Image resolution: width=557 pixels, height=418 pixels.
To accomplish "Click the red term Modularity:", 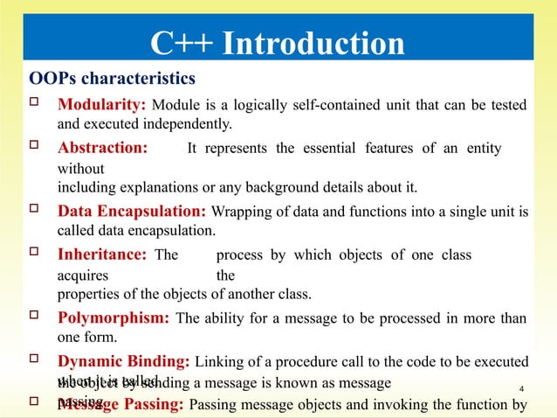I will [x=101, y=106].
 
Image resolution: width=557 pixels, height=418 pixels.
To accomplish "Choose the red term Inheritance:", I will [x=102, y=254].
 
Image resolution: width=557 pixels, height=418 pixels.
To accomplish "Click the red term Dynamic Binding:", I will [x=125, y=361].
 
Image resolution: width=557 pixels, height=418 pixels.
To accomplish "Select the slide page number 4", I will [x=521, y=389].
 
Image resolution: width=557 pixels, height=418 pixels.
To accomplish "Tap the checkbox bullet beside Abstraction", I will [x=36, y=148].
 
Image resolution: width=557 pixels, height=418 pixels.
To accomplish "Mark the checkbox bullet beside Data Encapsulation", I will [x=36, y=211].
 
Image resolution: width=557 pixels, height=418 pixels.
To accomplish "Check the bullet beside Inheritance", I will [x=36, y=254].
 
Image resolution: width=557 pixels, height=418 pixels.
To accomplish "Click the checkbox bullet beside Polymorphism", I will [x=36, y=317].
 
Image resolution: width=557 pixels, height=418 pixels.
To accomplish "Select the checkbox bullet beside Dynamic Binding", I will [x=36, y=361].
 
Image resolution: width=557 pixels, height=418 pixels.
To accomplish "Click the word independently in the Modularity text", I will [x=177, y=123].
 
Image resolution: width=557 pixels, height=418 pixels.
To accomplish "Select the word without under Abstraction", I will [x=80, y=168].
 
